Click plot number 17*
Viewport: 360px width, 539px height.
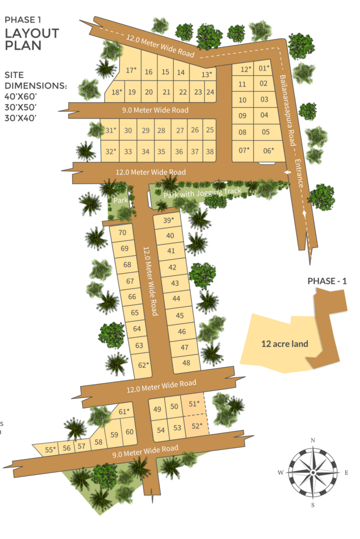[131, 70]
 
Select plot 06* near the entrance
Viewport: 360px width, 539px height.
[268, 150]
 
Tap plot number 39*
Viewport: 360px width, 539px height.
[168, 220]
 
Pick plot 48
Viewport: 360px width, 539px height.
[186, 363]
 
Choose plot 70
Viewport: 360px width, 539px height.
[123, 233]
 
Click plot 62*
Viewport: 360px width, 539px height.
[144, 365]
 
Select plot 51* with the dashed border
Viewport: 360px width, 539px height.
[194, 404]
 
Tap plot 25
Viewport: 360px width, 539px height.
[210, 130]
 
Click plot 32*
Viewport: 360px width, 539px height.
[111, 152]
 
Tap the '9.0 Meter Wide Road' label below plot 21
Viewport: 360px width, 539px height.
[155, 111]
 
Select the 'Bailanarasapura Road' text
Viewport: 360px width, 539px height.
[287, 110]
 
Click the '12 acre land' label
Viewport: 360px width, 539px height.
[285, 344]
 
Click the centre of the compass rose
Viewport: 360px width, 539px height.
[313, 473]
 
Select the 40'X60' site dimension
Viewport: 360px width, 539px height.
[21, 96]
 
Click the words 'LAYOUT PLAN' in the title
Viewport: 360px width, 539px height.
[32, 39]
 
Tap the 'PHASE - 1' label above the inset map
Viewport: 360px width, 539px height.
[327, 281]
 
